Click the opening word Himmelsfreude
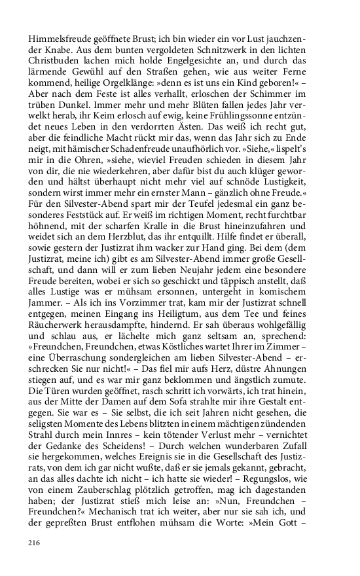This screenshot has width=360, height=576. (61, 38)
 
